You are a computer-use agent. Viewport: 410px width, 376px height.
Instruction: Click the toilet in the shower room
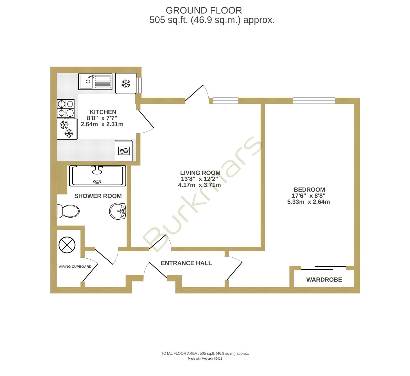tap(68, 211)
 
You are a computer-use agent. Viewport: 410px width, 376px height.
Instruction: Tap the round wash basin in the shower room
tap(118, 211)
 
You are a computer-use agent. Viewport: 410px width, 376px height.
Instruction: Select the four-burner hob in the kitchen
tap(66, 109)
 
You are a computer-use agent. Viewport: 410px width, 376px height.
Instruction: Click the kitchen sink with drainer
tap(95, 82)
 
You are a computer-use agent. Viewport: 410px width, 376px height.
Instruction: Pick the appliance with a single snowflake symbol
tap(126, 84)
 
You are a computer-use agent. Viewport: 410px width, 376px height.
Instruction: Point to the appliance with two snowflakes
tap(67, 129)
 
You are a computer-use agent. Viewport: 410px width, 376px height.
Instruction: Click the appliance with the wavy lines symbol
tap(124, 151)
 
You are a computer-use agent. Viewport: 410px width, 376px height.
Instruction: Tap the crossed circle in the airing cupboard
tap(67, 245)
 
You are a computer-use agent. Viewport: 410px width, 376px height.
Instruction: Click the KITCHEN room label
tap(103, 112)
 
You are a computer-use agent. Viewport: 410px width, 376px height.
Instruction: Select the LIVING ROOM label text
tap(200, 173)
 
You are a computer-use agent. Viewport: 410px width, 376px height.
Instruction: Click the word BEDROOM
tap(309, 190)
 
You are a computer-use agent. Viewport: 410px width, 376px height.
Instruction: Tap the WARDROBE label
tap(324, 280)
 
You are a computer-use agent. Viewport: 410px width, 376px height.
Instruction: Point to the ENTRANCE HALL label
tap(186, 263)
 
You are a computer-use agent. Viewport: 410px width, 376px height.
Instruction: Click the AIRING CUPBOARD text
tap(75, 267)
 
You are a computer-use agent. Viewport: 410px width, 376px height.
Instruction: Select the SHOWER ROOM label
tap(98, 196)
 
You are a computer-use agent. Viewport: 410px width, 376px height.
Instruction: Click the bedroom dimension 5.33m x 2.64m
tap(309, 202)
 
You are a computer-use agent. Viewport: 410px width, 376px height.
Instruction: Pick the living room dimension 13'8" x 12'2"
tap(199, 179)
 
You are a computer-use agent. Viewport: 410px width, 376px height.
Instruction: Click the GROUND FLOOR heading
tap(204, 11)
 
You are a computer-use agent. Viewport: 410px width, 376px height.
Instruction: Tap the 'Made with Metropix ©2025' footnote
tap(205, 359)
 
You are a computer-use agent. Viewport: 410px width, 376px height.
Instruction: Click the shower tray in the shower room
tap(98, 176)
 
